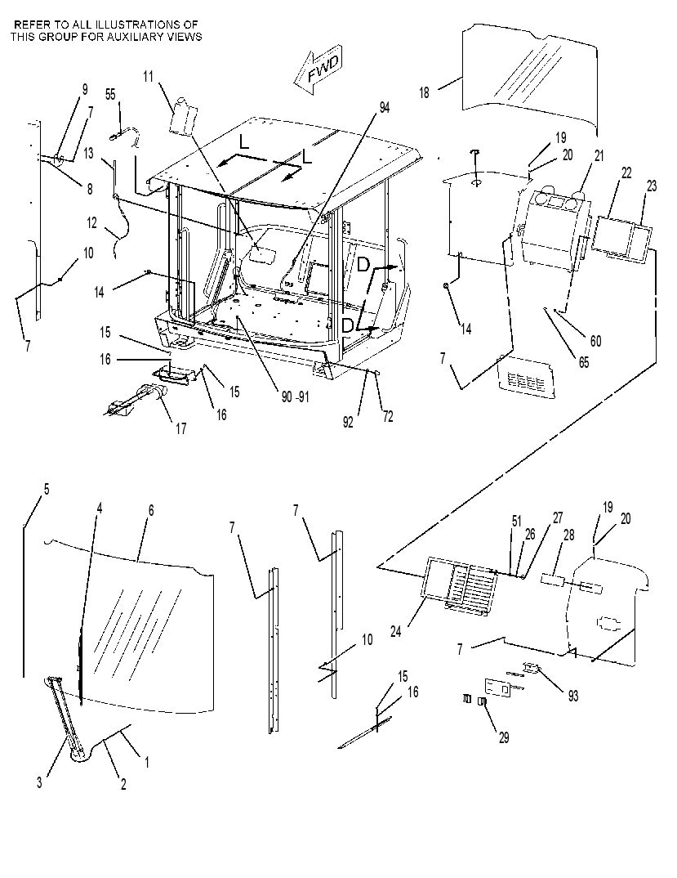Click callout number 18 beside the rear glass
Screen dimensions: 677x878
click(425, 92)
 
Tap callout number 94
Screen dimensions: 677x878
click(385, 108)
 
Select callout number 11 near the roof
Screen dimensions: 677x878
click(148, 76)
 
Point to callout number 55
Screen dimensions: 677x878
click(110, 94)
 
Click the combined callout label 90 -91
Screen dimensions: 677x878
click(295, 397)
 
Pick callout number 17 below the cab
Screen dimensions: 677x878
click(181, 429)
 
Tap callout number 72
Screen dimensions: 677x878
click(388, 416)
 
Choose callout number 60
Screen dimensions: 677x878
click(595, 341)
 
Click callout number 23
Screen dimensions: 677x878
click(652, 186)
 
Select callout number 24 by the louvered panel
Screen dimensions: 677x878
click(395, 632)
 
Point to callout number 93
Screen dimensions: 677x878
click(573, 696)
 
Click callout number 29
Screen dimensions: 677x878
click(504, 738)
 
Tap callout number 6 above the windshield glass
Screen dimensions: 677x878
click(150, 511)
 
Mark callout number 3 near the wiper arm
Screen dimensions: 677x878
click(39, 782)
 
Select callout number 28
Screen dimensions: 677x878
click(568, 535)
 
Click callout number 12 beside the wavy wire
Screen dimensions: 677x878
click(91, 223)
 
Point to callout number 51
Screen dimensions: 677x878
click(516, 522)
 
